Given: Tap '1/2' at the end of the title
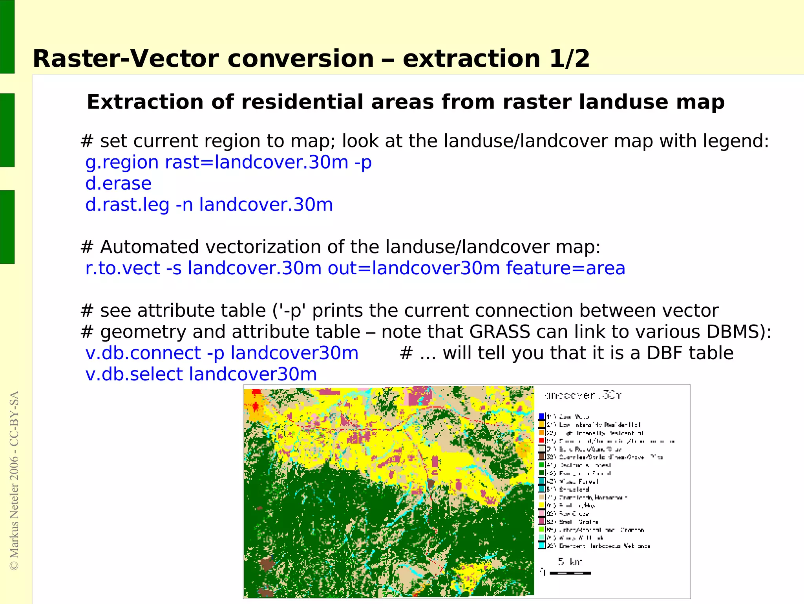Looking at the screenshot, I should [569, 59].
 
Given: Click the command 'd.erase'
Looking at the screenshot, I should [118, 184].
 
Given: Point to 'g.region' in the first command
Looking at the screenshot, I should [122, 162].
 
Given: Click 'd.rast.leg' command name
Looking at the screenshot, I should [127, 205].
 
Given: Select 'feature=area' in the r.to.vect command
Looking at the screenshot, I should [565, 268].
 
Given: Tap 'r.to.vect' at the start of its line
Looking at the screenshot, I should [122, 268].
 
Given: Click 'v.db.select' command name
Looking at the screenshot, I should [134, 374].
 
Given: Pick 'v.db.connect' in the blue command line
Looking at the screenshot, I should [143, 353].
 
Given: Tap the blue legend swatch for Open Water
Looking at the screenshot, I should [542, 417].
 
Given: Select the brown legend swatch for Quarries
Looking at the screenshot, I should [542, 457].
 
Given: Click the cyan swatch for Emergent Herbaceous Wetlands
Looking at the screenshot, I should [542, 545].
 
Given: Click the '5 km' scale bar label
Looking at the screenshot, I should [570, 562].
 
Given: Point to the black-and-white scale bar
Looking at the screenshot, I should [570, 573].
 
